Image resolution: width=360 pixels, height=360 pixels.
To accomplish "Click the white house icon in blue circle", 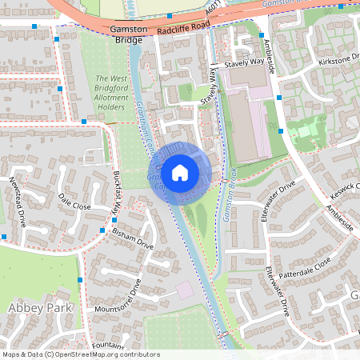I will coord(180,172).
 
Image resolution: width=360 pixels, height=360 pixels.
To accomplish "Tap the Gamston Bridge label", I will coord(130,34).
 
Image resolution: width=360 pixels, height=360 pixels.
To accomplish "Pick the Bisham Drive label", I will coord(133,238).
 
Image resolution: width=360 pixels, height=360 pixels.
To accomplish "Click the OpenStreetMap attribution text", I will coord(81,354).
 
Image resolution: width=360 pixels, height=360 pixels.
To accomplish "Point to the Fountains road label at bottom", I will coord(107,346).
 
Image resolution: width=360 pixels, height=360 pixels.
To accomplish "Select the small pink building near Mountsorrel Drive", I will coord(185,289).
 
